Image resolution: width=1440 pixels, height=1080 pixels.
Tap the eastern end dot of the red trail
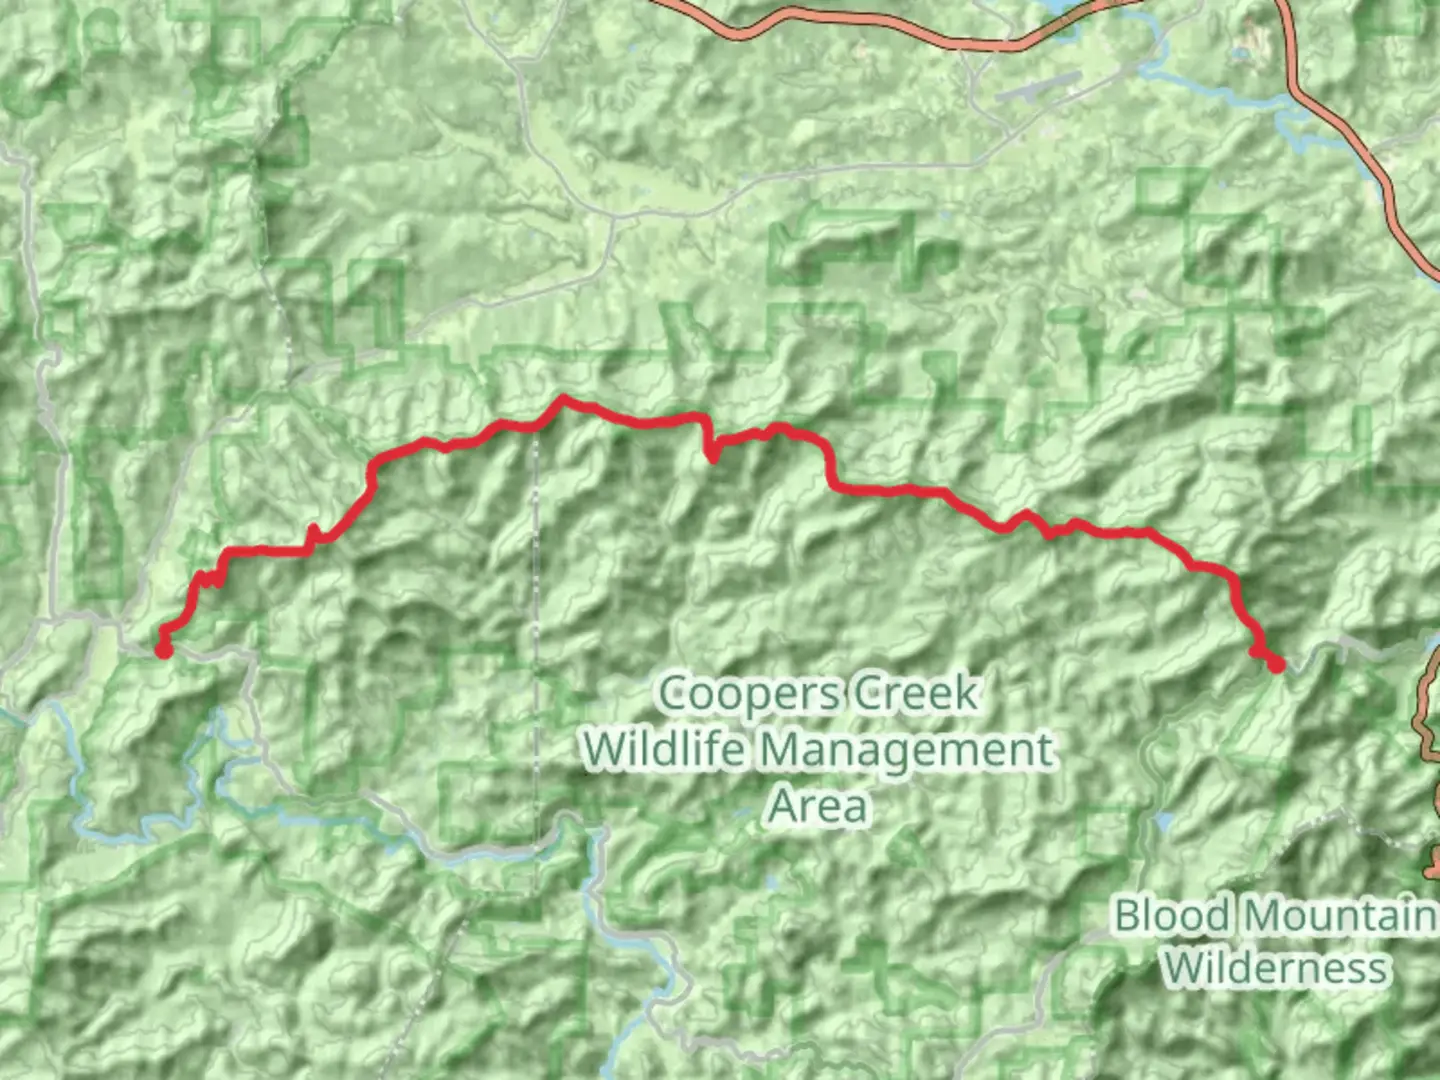1276,664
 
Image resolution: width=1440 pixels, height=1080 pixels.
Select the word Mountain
1340,915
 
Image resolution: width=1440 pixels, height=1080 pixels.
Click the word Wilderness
1276,968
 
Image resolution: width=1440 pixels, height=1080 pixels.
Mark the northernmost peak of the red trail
563,399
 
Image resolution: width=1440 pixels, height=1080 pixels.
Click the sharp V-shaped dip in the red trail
712,458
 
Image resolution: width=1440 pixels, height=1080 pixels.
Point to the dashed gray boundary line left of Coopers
536,600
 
